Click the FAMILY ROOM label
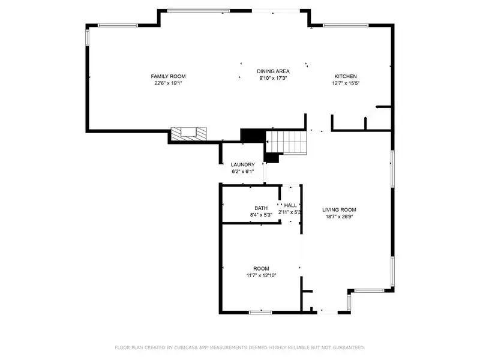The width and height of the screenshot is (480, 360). click(x=168, y=76)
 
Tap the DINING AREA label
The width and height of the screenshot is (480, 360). click(x=273, y=71)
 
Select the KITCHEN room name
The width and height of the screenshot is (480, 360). click(x=346, y=76)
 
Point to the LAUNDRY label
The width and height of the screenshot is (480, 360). click(x=243, y=164)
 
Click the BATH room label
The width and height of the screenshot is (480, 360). click(x=261, y=208)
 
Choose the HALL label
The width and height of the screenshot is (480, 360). click(x=290, y=205)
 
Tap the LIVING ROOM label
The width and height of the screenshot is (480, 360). click(x=339, y=209)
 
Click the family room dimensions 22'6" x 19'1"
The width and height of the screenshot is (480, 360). click(x=168, y=83)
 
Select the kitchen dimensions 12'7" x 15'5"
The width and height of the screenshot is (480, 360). click(x=346, y=83)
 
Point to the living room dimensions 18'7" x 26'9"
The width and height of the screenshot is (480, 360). click(x=339, y=217)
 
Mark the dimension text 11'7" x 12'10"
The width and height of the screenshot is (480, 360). click(x=262, y=275)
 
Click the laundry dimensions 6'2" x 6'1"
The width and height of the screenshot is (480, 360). click(x=243, y=172)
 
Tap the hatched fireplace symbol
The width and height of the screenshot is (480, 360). click(x=188, y=134)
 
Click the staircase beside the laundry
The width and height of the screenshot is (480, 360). click(x=286, y=142)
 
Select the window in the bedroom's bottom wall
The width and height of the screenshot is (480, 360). click(x=260, y=313)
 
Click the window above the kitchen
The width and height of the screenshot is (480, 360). click(x=346, y=25)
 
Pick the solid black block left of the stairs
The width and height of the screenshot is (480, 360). click(x=253, y=136)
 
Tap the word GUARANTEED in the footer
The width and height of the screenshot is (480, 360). click(x=349, y=347)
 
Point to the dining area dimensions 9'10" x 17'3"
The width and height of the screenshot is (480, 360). click(x=273, y=78)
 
